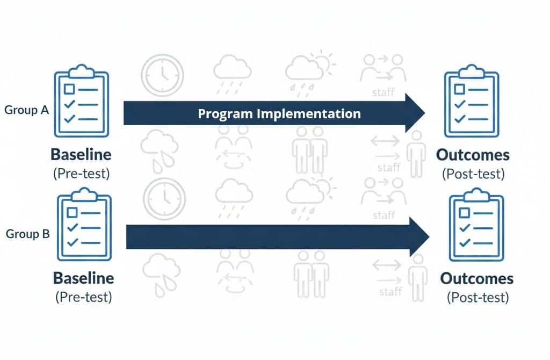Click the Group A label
[x=27, y=110]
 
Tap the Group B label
[x=28, y=234]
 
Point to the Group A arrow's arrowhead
[x=414, y=113]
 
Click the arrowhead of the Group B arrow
[x=418, y=237]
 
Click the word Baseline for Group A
[x=81, y=155]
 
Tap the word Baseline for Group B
[x=83, y=278]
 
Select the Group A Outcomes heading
[x=473, y=155]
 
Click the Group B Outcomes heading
[x=477, y=279]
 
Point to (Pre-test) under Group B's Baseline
[x=83, y=297]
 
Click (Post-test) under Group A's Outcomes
[x=473, y=173]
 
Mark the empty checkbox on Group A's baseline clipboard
[x=69, y=89]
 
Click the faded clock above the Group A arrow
[x=162, y=75]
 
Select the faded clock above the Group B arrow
[x=164, y=199]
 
